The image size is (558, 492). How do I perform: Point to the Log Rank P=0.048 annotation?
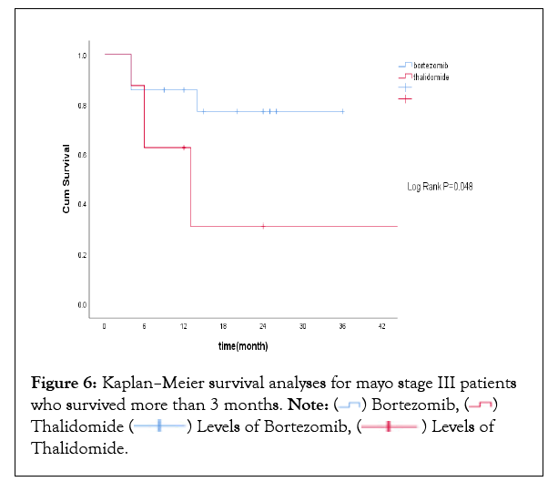[439, 187]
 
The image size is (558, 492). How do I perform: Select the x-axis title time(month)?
[242, 347]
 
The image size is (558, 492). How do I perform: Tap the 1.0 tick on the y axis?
[82, 56]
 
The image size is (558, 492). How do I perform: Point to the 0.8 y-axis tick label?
[82, 106]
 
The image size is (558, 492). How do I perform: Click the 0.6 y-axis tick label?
[82, 155]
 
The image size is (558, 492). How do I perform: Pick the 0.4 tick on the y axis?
[82, 205]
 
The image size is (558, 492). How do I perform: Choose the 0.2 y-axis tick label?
[82, 255]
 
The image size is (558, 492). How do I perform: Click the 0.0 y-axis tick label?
[82, 305]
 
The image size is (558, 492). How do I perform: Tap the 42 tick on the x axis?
[382, 325]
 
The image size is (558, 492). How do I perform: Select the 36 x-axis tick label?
[342, 325]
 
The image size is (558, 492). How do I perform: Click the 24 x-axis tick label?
[263, 325]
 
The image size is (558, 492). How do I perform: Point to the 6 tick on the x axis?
[145, 325]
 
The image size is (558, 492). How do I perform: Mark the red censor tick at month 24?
[263, 225]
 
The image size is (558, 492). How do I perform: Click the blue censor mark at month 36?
[342, 111]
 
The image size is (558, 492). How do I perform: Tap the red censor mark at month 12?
[184, 147]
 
